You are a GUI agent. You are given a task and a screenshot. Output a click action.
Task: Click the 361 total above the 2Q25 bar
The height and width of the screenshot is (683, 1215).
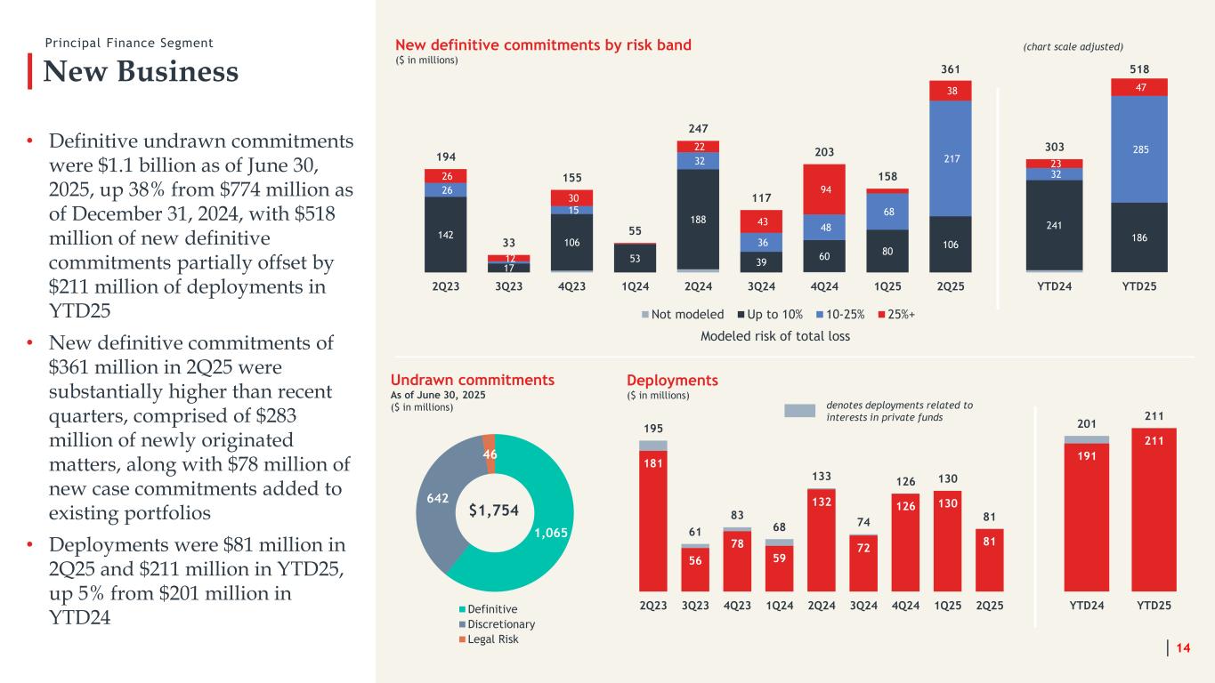[950, 68]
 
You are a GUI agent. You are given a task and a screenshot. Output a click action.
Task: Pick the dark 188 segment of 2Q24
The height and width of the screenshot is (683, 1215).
[699, 218]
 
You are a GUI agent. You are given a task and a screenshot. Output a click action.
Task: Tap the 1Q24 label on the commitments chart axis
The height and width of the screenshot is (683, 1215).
[636, 289]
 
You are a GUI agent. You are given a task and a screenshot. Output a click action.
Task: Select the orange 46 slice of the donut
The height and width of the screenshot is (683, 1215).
[489, 442]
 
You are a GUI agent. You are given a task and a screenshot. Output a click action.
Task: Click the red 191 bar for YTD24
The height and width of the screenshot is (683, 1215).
[1086, 516]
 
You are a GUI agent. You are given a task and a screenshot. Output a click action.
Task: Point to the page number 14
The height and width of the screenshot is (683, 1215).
[1184, 650]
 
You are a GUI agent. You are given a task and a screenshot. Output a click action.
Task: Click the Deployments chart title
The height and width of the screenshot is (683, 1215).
[672, 381]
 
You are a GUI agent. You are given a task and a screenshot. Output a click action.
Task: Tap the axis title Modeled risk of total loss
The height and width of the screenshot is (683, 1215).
[774, 336]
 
